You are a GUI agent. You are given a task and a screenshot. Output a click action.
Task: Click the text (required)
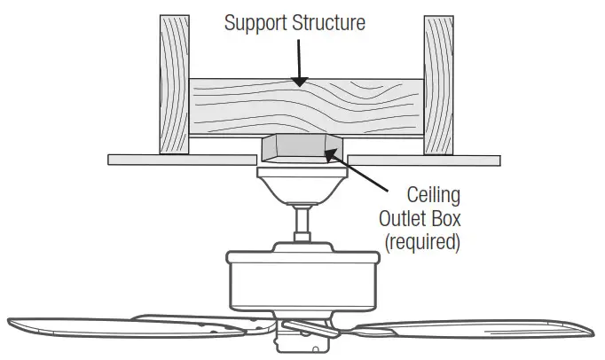[x=422, y=241]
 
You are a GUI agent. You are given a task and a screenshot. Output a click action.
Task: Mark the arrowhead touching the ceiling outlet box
[x=330, y=156]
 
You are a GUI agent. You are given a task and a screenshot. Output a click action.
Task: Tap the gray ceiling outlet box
[x=302, y=149]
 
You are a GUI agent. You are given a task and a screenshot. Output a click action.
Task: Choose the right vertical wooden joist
[x=438, y=83]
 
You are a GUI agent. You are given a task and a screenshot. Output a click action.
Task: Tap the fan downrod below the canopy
[x=302, y=222]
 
